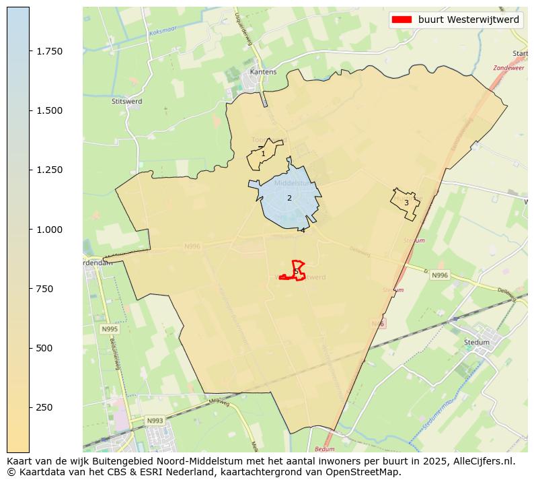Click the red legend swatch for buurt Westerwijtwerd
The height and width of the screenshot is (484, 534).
tap(402, 20)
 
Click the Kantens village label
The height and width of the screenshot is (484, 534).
tap(263, 71)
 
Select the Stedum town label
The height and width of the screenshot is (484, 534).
tap(477, 342)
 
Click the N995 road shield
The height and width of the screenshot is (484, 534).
tap(109, 329)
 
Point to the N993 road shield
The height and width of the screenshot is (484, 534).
tap(155, 421)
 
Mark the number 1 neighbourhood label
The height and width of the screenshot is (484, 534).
tap(263, 154)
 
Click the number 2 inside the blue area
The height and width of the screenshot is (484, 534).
tap(289, 198)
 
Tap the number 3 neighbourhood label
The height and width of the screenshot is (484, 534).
tap(406, 203)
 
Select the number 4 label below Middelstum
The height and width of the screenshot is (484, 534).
tap(303, 230)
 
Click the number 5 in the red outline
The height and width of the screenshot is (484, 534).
tap(296, 271)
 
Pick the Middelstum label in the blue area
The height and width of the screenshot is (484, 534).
tap(291, 182)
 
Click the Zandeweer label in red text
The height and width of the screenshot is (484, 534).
tap(508, 68)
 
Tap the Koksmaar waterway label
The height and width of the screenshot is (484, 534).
tap(163, 32)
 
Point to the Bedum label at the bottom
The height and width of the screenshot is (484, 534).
tap(324, 448)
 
